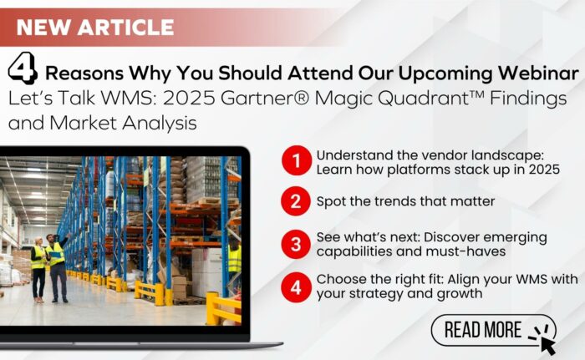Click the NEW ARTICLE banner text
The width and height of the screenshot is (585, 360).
click(95, 28)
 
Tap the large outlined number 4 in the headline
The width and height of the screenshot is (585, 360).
click(23, 68)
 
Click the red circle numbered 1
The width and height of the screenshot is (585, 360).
click(297, 160)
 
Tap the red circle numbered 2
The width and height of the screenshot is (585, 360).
click(296, 201)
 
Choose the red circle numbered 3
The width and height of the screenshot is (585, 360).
click(296, 245)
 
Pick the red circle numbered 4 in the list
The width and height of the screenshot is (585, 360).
click(296, 287)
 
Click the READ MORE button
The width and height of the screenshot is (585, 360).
click(493, 330)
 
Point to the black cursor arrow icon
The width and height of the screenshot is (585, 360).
click(547, 345)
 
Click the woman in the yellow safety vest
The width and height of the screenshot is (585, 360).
click(38, 269)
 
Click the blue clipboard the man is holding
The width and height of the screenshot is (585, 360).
click(55, 255)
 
